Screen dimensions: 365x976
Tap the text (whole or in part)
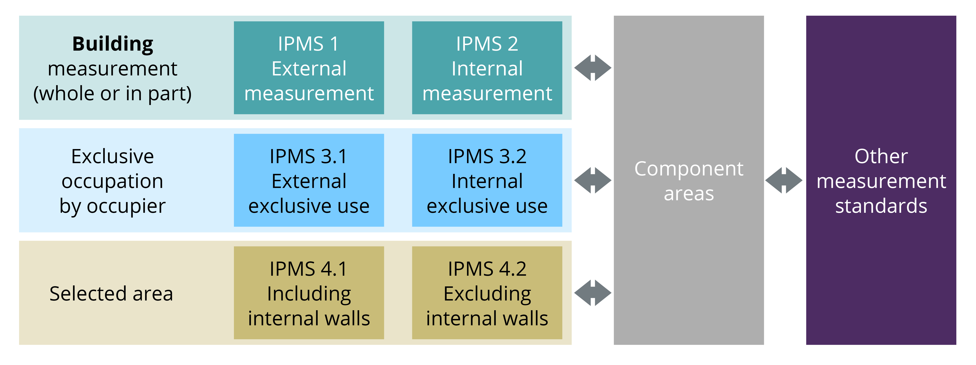tap(113, 93)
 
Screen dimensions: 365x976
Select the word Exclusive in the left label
tap(113, 156)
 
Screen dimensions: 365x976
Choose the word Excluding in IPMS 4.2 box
tap(487, 294)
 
